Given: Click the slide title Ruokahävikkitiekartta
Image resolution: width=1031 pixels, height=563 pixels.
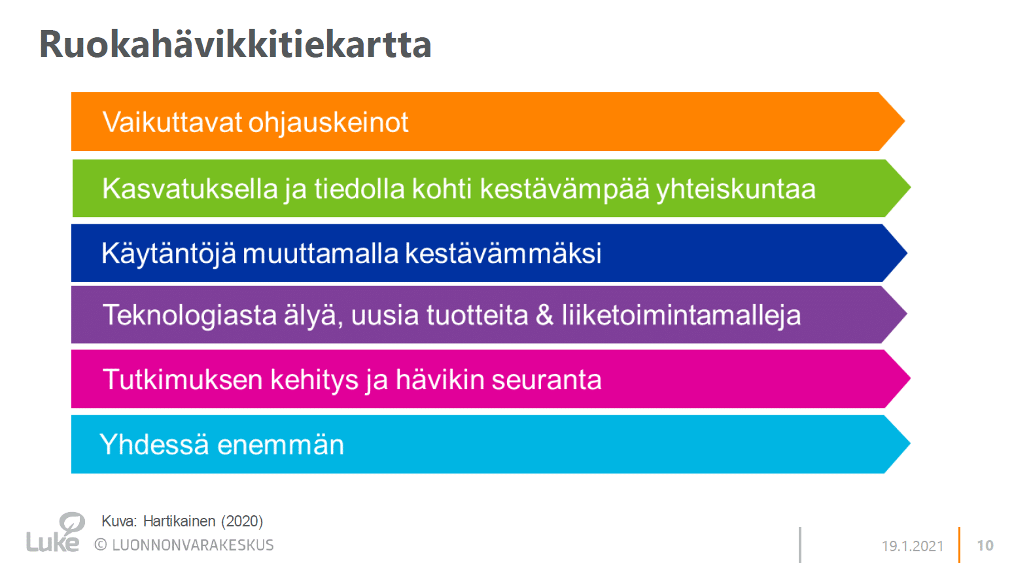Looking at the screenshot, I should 235,44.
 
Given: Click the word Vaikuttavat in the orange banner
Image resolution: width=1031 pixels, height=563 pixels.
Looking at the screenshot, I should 171,122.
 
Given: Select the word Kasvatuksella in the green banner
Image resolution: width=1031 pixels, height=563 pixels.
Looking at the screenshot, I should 190,189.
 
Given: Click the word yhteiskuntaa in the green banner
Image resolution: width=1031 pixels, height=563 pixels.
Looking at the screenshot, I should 735,189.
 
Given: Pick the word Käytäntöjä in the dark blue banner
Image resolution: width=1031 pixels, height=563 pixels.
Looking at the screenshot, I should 169,253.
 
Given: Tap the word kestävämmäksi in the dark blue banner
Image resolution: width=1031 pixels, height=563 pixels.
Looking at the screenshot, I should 503,253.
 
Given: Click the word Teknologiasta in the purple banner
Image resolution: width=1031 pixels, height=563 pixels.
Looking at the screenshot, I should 190,315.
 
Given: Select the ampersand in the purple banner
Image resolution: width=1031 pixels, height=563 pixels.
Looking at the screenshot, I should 544,315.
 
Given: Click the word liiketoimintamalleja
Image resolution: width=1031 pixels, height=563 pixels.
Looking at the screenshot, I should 681,315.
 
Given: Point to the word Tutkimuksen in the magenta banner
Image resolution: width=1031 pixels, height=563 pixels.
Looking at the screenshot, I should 183,379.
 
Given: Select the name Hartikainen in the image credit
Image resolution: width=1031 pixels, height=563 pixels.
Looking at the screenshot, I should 179,521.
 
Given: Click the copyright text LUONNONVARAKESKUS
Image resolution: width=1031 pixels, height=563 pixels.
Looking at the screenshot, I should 192,545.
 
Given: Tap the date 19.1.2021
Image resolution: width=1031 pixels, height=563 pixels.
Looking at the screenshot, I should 912,546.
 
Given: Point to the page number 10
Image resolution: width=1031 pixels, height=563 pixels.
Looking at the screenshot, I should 985,545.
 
